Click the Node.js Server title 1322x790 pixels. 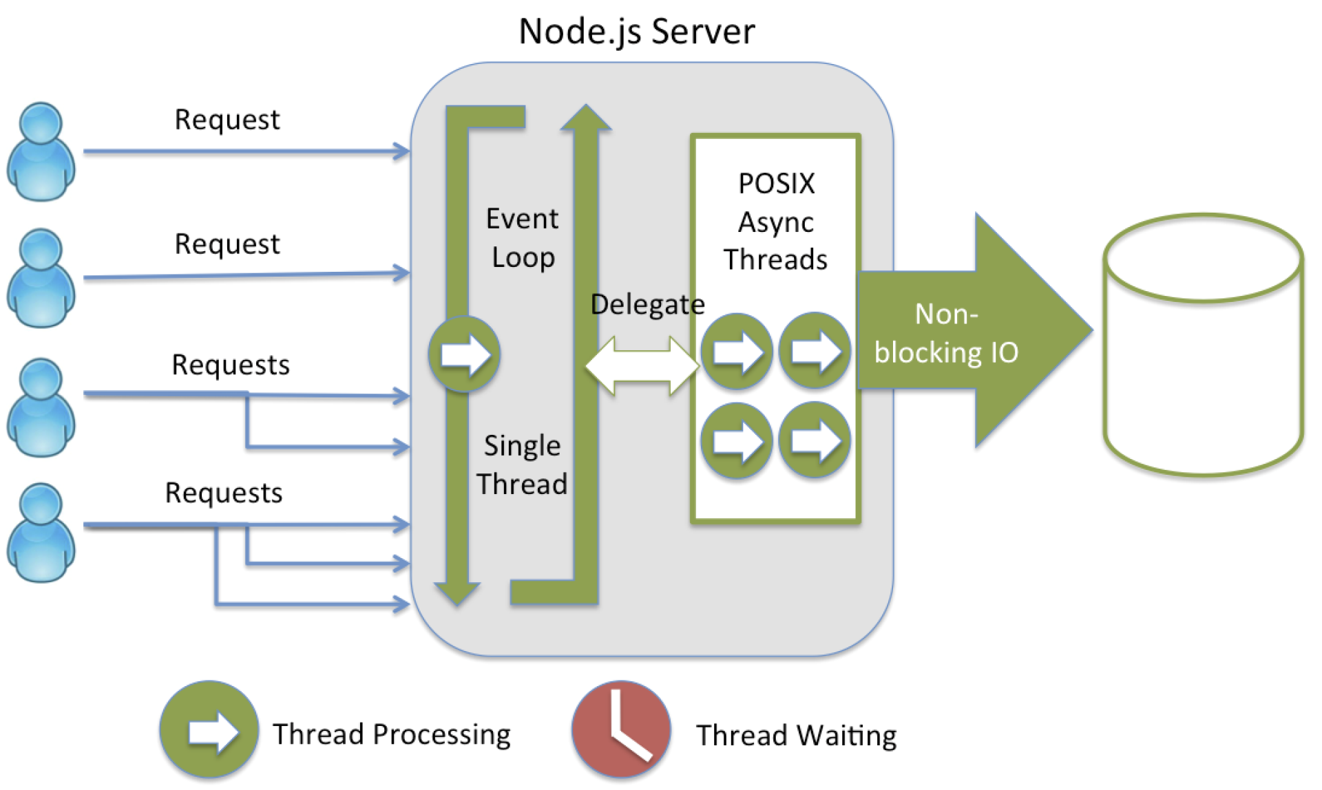tap(636, 32)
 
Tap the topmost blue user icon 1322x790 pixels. tap(41, 152)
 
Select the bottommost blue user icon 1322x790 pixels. tap(41, 533)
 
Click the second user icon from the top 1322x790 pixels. tap(41, 278)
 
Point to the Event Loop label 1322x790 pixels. tap(523, 238)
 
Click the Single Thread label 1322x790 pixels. tap(522, 465)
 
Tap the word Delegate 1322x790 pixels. tap(647, 304)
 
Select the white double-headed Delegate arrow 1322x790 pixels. tap(642, 365)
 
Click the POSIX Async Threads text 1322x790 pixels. tap(776, 222)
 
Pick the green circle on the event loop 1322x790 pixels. tap(465, 354)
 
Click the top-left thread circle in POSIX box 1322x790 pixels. tap(737, 352)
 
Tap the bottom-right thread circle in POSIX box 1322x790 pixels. tap(815, 440)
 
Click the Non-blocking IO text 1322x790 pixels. tap(946, 333)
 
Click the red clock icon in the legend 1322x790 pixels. tap(621, 729)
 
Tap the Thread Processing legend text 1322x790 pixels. tap(391, 734)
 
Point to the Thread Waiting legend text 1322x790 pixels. tap(796, 736)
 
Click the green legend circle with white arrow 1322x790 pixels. tap(209, 730)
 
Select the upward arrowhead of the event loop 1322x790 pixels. tap(586, 118)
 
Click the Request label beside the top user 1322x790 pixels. tap(227, 120)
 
